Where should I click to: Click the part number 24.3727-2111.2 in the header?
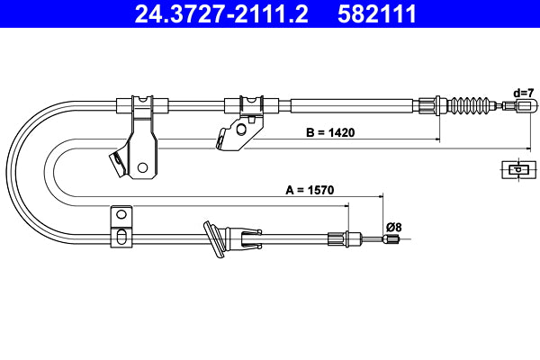click(x=221, y=14)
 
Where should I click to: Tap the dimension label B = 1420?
click(x=330, y=132)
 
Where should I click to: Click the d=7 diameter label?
click(x=524, y=93)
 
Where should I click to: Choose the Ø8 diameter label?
click(x=393, y=227)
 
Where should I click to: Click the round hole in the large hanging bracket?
click(x=142, y=166)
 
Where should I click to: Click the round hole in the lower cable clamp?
click(x=118, y=215)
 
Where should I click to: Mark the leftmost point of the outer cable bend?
click(x=6, y=171)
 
